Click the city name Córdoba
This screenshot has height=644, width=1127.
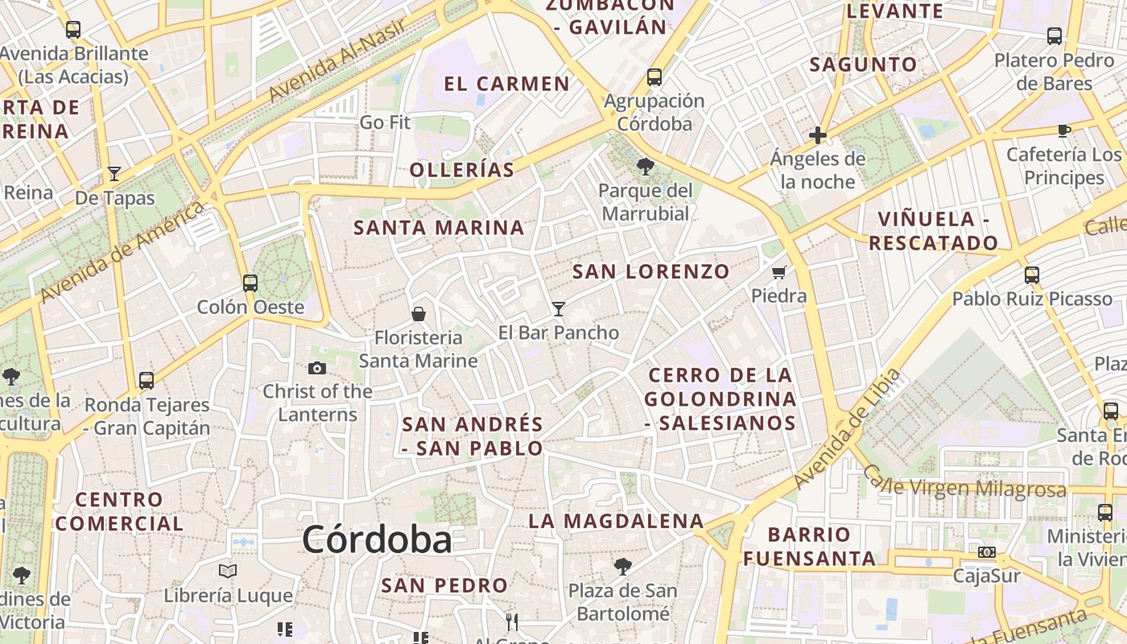tap(377, 539)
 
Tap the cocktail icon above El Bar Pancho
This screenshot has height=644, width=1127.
tap(559, 308)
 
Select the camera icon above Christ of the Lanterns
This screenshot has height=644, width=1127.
tap(317, 368)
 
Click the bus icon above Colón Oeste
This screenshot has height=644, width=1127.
tap(250, 283)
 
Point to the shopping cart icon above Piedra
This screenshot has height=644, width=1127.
tap(778, 273)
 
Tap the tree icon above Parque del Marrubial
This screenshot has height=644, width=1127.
tap(645, 167)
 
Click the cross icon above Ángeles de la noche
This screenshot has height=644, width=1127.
tap(818, 134)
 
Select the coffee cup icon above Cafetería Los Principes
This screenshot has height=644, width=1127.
tap(1063, 130)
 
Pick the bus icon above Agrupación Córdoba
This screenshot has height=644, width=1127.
tap(654, 77)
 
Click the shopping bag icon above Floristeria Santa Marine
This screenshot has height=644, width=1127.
tap(419, 313)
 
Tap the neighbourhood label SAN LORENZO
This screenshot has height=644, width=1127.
tap(650, 271)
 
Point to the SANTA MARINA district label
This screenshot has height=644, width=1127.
tap(439, 228)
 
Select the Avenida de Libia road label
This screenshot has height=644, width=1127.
tap(845, 428)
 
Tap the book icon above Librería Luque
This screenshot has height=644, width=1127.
tap(228, 571)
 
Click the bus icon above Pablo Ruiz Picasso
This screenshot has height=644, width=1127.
tap(1032, 275)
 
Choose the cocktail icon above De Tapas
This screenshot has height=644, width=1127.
tap(114, 174)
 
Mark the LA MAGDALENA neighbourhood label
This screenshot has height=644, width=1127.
tap(616, 521)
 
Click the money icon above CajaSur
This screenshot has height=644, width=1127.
tap(987, 552)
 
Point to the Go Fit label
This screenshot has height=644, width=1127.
tap(385, 122)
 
